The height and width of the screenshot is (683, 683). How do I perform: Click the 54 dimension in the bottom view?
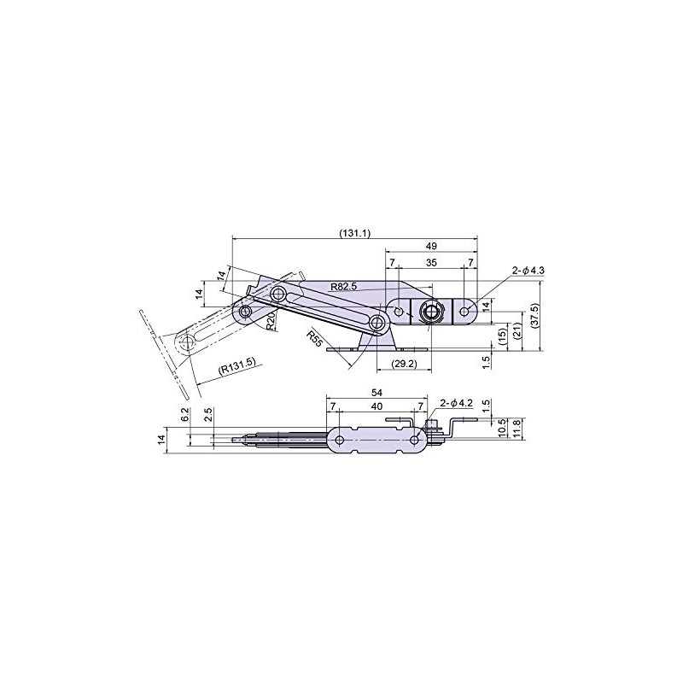pyautogui.click(x=377, y=392)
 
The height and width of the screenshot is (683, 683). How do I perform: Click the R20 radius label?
pyautogui.click(x=267, y=321)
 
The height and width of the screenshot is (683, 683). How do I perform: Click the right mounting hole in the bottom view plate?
pyautogui.click(x=414, y=440)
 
